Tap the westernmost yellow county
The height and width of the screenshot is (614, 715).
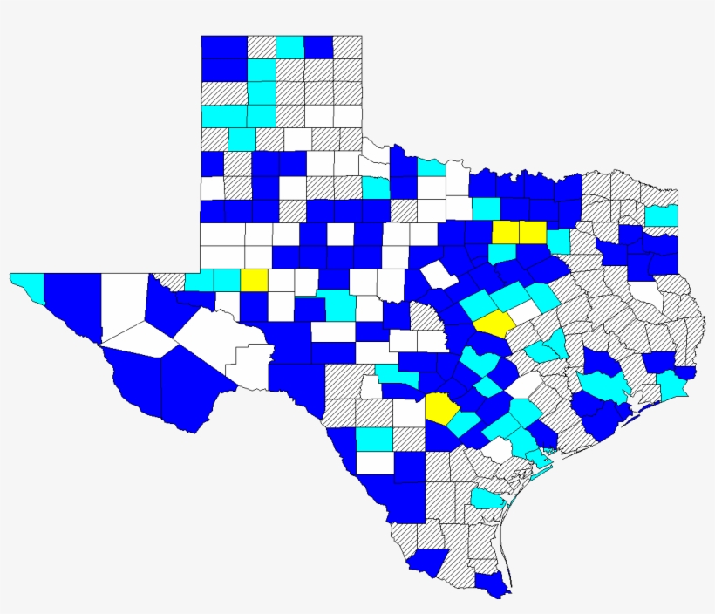pos(254,279)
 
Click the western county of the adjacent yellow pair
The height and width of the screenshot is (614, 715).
pos(505,232)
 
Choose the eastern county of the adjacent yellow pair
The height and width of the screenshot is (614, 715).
pos(532,232)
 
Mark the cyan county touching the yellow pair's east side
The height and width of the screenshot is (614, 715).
pos(557,240)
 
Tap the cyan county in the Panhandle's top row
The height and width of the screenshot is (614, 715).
pos(290,47)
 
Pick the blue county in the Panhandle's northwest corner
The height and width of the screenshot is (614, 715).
pos(223,47)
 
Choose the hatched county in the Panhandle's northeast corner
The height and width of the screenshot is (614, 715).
pos(348,47)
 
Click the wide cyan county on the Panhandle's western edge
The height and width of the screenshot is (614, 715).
pos(224,116)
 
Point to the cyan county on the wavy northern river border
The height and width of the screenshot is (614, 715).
pos(429,167)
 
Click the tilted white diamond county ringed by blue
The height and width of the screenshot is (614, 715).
pos(439,275)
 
